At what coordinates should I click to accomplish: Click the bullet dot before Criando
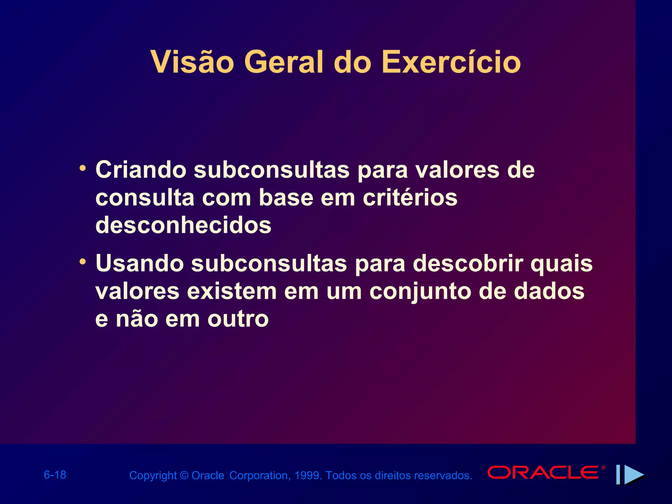(83, 168)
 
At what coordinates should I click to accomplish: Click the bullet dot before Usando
(83, 262)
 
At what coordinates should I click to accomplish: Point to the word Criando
(141, 170)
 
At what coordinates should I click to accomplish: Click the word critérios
(410, 198)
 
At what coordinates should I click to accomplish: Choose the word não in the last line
(137, 319)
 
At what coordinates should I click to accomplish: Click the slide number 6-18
(55, 475)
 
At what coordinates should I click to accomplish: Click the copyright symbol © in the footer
(184, 475)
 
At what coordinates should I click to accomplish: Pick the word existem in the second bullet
(232, 291)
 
